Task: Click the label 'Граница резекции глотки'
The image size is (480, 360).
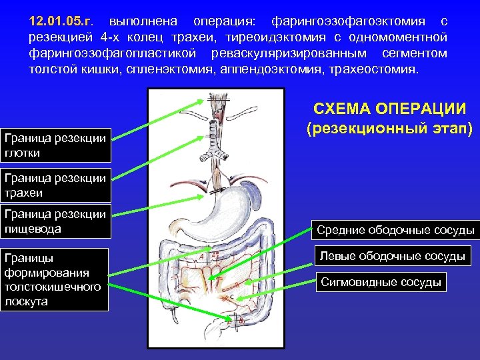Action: [x=55, y=145]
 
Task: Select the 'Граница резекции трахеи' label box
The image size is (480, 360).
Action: [x=55, y=185]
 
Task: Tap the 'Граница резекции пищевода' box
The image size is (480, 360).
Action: [x=55, y=221]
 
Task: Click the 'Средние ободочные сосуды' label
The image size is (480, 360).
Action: [x=395, y=230]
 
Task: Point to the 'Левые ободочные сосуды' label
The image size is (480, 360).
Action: [x=391, y=256]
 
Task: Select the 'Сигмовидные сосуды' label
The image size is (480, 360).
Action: [x=381, y=282]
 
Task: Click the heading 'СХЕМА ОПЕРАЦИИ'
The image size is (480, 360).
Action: [x=389, y=109]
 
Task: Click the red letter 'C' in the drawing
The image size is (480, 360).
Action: [x=231, y=297]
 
